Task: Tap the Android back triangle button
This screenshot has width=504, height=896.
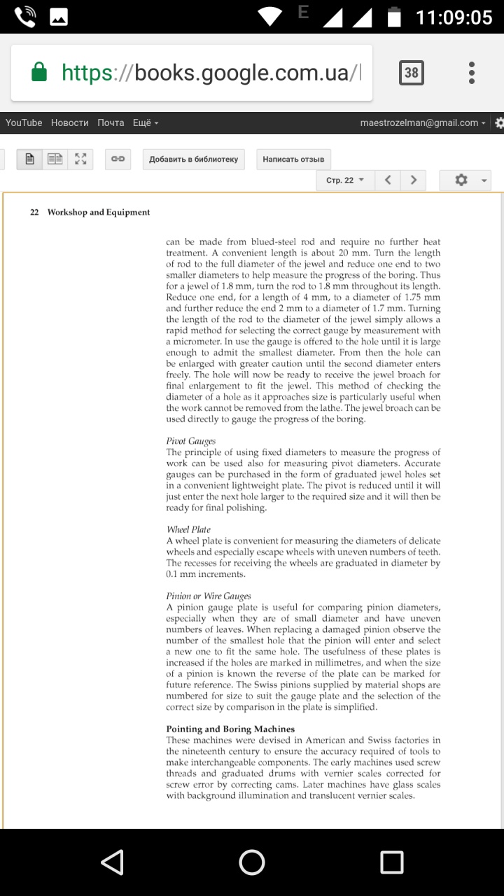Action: pos(113,862)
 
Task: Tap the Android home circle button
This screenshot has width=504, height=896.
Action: pos(252,862)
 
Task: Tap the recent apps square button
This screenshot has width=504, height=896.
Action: pos(391,862)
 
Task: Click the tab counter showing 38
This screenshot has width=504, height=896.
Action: pos(411,73)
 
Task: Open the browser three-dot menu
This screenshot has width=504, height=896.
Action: pos(472,73)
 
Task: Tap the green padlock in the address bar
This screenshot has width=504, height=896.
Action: pos(39,72)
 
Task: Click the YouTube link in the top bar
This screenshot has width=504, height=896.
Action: pos(24,122)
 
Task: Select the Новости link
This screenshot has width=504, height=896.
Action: pos(70,122)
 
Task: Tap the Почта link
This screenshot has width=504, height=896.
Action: pos(111,122)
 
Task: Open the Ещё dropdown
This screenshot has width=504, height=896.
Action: pos(146,122)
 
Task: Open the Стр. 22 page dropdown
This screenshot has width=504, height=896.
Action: pos(345,180)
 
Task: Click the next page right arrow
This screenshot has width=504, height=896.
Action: pos(413,180)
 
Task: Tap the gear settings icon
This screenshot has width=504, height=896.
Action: pos(461,180)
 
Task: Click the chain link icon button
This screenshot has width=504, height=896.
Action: pos(118,159)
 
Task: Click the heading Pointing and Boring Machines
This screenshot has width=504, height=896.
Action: pos(230,729)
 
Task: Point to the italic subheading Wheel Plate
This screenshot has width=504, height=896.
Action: pos(188,529)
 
